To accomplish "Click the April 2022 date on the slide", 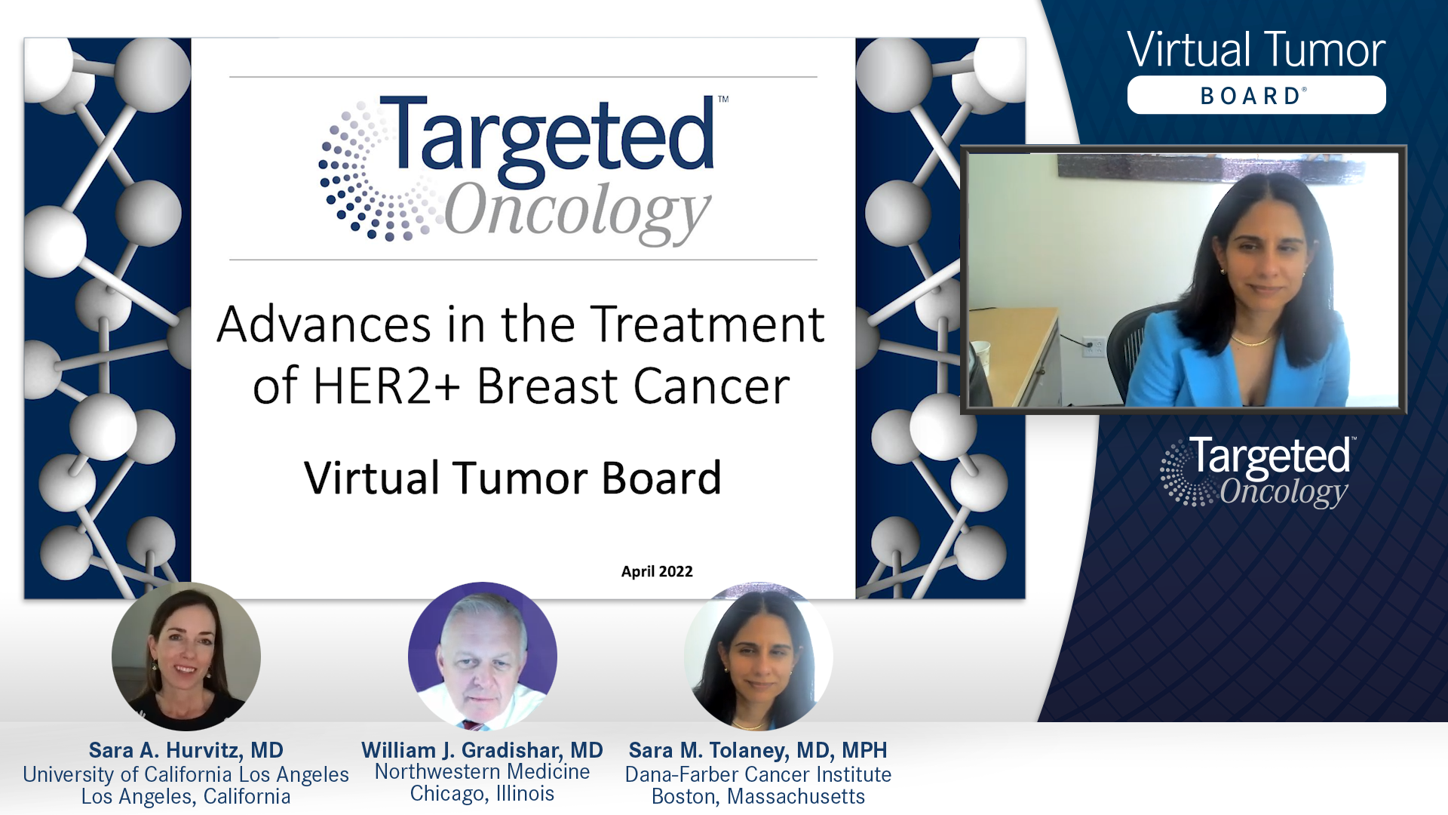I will click(656, 571).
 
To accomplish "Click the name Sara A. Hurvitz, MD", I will click(186, 750).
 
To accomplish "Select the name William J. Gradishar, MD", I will click(482, 750).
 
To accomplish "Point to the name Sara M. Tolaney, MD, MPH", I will click(758, 750).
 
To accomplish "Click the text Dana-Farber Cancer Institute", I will click(758, 774).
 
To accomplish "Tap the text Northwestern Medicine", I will click(482, 771).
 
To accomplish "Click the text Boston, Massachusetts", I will click(758, 797).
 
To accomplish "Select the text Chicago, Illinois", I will click(482, 794).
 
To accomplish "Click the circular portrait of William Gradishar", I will click(483, 655).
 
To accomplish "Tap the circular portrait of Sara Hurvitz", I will click(186, 655).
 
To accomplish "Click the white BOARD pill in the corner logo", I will click(1256, 95).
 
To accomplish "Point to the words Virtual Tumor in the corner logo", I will click(1256, 51).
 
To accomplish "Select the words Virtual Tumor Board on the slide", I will click(513, 478).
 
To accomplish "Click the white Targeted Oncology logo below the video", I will click(1258, 472).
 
